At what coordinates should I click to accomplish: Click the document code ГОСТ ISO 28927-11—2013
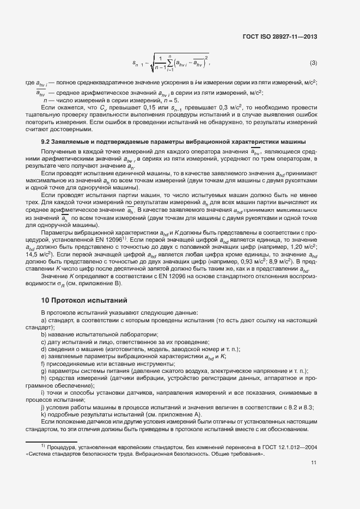279,37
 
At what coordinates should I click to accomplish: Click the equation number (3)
314,63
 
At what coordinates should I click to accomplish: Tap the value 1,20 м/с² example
295,246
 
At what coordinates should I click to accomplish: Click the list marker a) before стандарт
44,321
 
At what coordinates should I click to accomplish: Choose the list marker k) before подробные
44,414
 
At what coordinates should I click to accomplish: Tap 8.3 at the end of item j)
309,407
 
